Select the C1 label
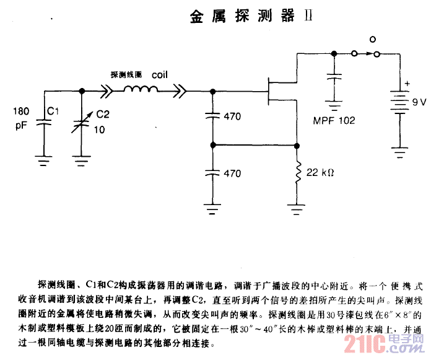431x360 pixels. click(x=53, y=112)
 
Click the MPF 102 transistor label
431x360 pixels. click(x=334, y=120)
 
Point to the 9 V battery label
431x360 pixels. click(x=419, y=100)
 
